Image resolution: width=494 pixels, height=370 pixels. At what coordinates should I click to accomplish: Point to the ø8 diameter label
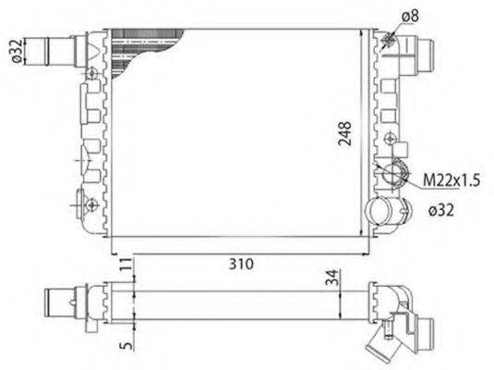(410, 14)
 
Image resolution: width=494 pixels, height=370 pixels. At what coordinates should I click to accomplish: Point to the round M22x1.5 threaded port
(392, 173)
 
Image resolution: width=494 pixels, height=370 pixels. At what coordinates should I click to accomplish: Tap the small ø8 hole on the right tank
(389, 38)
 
